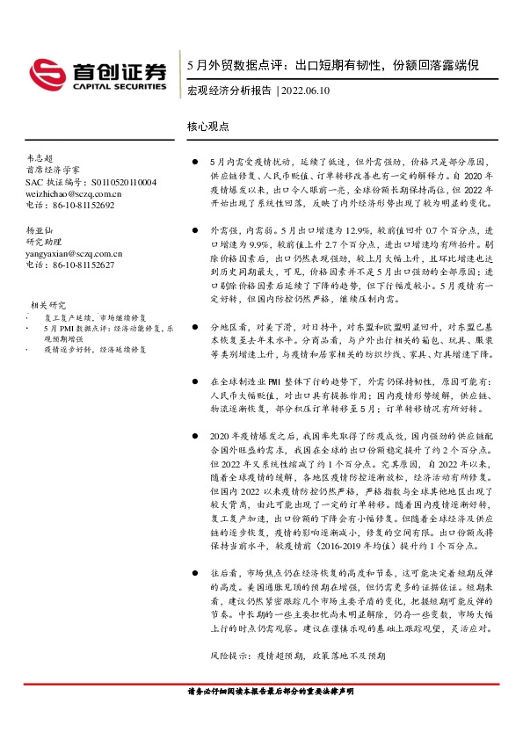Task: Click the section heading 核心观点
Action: (x=208, y=126)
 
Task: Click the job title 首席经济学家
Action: (x=52, y=169)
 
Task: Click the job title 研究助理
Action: (x=47, y=241)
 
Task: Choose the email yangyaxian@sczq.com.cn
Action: (x=74, y=252)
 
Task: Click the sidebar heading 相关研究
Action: (x=48, y=304)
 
